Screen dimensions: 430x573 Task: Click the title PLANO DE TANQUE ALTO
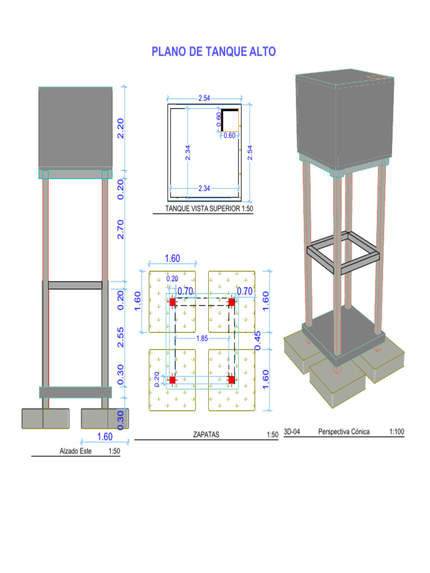pos(213,51)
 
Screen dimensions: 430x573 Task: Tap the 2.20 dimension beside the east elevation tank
pos(120,128)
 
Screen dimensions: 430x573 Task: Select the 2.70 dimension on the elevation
pos(120,229)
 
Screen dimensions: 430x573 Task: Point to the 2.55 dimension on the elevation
pos(120,337)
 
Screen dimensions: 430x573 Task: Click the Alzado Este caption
pos(76,451)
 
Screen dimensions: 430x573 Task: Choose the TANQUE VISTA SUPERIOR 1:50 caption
pos(209,208)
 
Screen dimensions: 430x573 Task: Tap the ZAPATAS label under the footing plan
pos(206,434)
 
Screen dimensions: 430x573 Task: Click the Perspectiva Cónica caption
pos(344,431)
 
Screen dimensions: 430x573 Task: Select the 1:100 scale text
pos(397,431)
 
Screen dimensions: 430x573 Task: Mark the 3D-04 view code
pos(292,431)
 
